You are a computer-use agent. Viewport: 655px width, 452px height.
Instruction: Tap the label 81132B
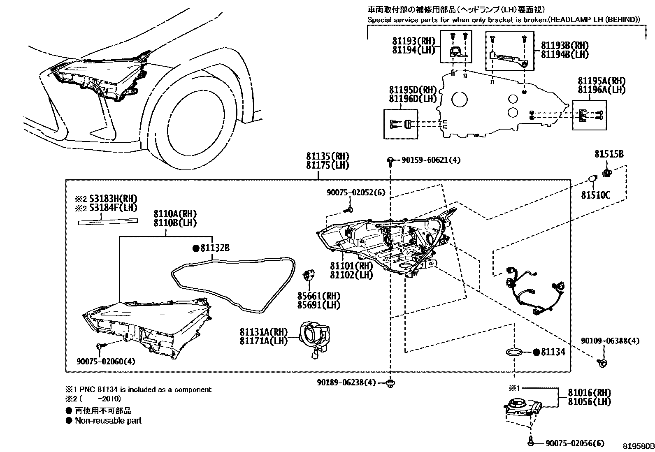(x=214, y=248)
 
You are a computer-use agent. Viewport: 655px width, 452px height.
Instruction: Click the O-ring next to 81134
(x=514, y=352)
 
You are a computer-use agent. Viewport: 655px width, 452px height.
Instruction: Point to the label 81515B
(x=609, y=154)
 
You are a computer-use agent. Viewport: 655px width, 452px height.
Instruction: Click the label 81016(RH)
(x=589, y=392)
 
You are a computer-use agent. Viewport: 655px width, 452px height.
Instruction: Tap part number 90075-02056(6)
(x=575, y=443)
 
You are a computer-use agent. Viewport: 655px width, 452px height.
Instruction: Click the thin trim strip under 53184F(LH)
(x=108, y=222)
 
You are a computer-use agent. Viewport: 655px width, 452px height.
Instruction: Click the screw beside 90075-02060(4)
(x=100, y=347)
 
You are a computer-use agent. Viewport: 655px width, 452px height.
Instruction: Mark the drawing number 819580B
(x=638, y=446)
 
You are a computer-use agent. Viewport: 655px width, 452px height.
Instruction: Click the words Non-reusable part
(x=108, y=421)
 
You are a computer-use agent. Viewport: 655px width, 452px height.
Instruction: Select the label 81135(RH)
(x=327, y=156)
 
